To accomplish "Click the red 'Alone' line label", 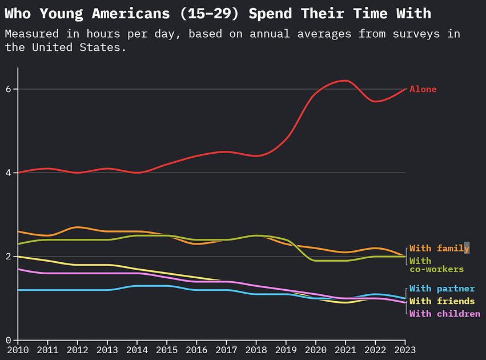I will point(423,89).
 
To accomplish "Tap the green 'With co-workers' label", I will point(436,265).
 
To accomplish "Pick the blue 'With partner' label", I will point(441,289).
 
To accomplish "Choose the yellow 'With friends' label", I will point(441,301).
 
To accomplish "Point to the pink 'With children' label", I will point(444,314).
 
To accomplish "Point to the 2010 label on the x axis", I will point(18,349).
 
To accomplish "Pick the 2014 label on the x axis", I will point(137,349).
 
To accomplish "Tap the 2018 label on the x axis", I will point(256,349).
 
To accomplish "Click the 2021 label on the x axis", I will point(346,349).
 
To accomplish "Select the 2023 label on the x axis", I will point(405,349).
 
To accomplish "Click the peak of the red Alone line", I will point(344,81).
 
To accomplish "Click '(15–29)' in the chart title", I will point(212,13).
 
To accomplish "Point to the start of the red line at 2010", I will point(18,173).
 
